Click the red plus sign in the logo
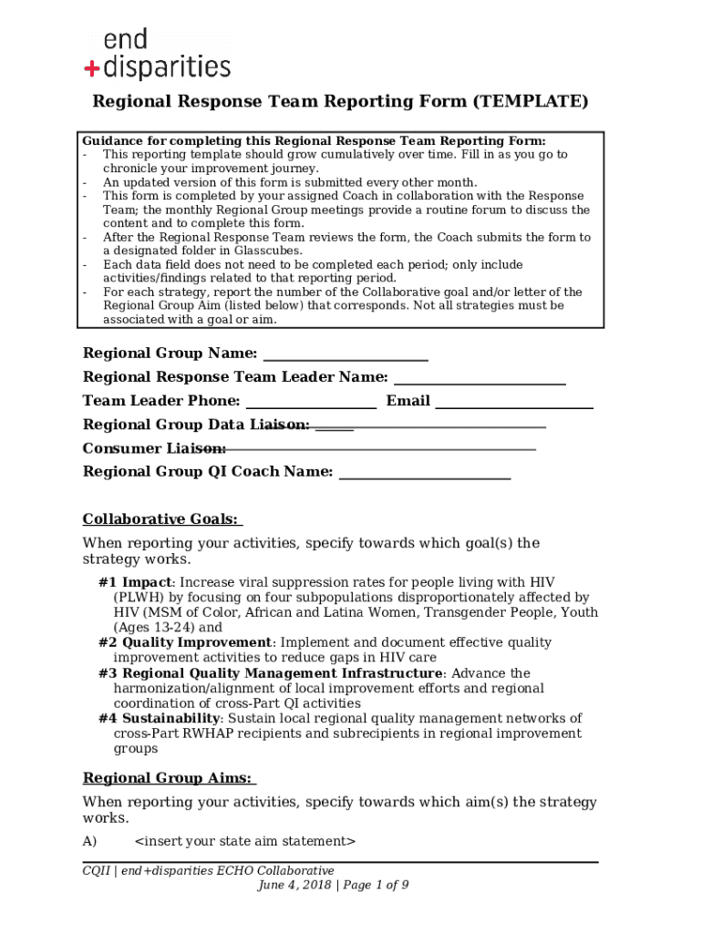[91, 67]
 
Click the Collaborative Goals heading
[161, 519]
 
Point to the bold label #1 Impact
[135, 582]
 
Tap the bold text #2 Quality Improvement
[185, 642]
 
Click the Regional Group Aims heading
[169, 778]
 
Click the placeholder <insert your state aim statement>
[244, 841]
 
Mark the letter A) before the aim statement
[89, 841]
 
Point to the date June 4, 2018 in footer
[294, 885]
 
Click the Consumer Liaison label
[154, 448]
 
